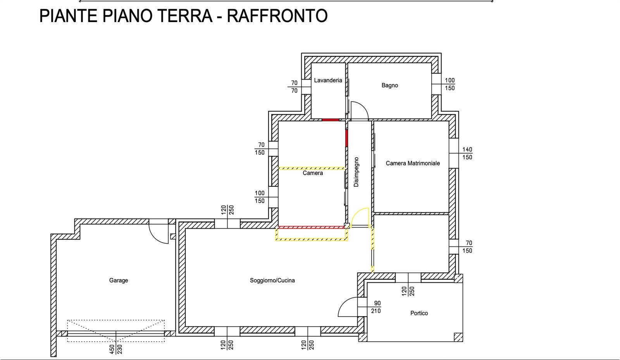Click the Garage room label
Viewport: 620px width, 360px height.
point(119,280)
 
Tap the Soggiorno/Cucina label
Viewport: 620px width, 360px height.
point(272,280)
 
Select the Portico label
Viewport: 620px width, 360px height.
point(419,313)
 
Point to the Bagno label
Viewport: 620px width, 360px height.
point(390,85)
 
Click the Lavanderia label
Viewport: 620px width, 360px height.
point(328,80)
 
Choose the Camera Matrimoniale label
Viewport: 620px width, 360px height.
point(413,163)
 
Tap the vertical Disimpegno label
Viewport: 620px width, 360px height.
point(356,172)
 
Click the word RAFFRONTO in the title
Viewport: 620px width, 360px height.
point(277,16)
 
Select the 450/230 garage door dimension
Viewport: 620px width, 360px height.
point(116,349)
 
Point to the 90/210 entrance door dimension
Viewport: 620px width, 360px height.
point(376,307)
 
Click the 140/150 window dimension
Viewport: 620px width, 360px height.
point(467,153)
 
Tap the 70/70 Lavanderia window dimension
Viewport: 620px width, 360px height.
point(294,87)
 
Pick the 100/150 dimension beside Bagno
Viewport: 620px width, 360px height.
point(450,84)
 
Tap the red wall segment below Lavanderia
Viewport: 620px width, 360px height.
point(331,120)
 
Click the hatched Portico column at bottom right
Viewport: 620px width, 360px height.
point(458,337)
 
